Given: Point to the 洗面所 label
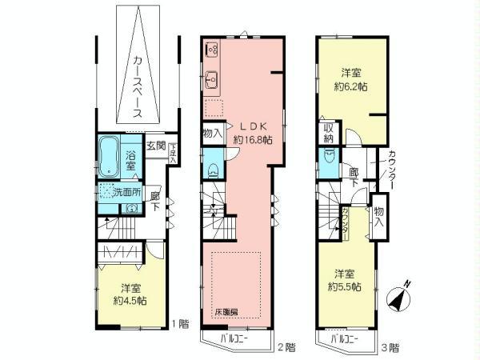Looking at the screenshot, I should tap(126, 192).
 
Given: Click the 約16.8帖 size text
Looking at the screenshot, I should tap(250, 139).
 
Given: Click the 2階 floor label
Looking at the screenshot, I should tap(286, 347).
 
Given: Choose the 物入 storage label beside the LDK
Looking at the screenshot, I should tap(212, 135).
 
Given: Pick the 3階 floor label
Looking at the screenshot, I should tap(390, 347).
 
